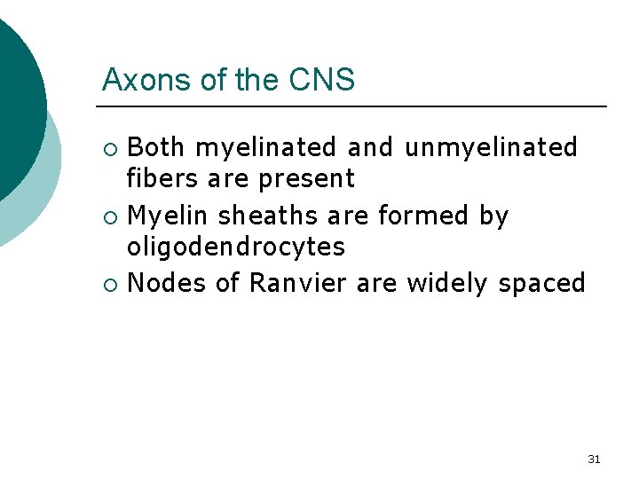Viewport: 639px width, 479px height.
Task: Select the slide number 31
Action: tap(594, 459)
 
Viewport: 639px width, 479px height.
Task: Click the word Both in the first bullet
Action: tap(157, 146)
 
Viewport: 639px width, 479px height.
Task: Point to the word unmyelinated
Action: tap(491, 146)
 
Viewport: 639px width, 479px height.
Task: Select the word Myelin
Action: tap(170, 216)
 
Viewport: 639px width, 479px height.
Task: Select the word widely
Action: tap(449, 284)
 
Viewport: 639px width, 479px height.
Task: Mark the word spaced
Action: tap(542, 285)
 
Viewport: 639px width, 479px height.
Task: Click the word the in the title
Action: tap(257, 80)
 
